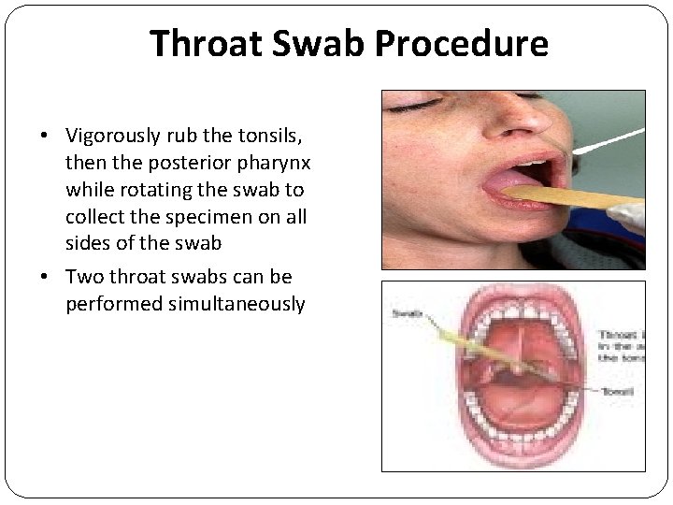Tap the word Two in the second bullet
82,278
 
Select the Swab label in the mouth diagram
406,314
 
